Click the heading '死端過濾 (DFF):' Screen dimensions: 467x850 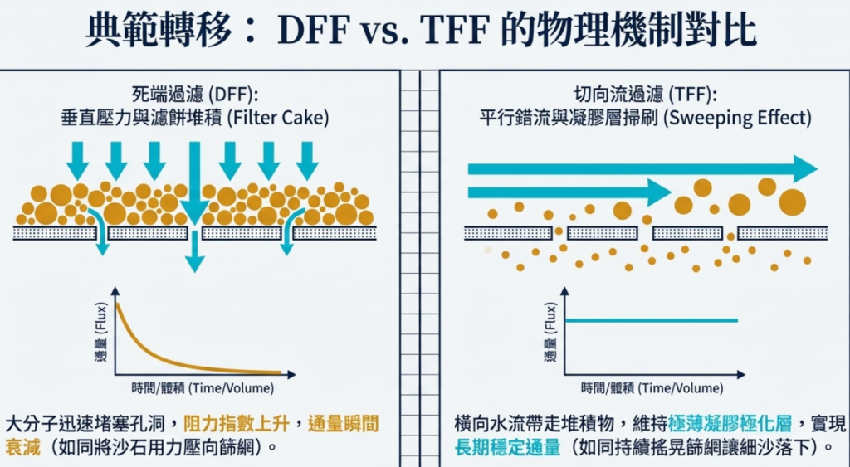point(196,94)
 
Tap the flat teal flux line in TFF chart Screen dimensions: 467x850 point(651,320)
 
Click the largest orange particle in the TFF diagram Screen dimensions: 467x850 point(792,202)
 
